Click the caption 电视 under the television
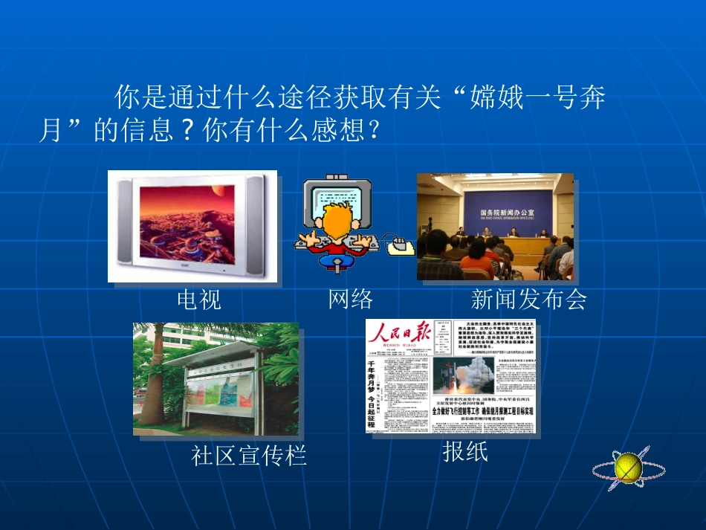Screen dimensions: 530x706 (x=198, y=300)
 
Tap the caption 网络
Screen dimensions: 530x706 (x=350, y=299)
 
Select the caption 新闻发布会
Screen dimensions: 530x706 (x=528, y=299)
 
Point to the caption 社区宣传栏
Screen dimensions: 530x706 (x=248, y=455)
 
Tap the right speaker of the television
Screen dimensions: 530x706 (x=255, y=222)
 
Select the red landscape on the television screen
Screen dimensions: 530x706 (x=189, y=220)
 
